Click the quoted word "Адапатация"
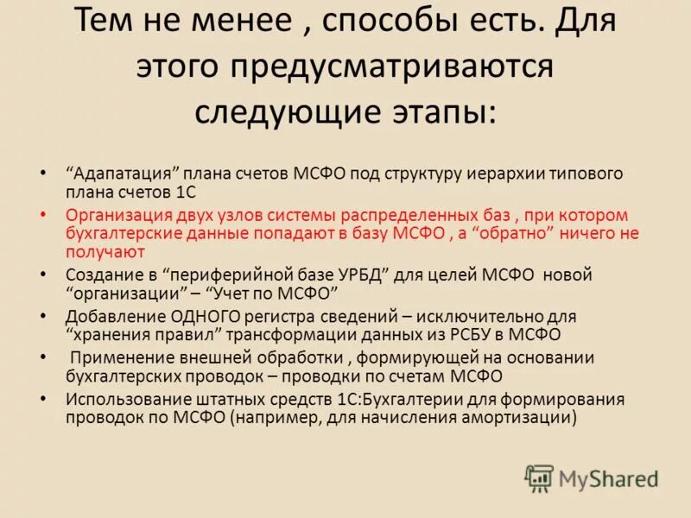[x=116, y=174]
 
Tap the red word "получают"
[x=105, y=252]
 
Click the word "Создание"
[x=98, y=275]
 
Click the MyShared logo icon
[x=539, y=478]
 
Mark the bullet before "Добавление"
[x=44, y=315]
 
